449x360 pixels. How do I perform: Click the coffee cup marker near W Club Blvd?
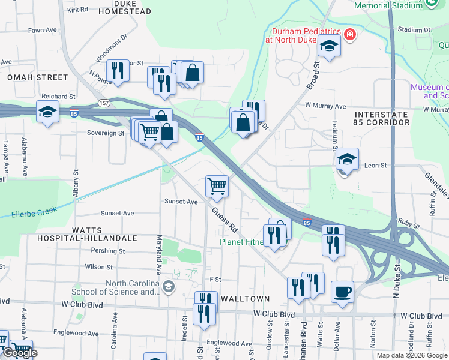(342, 292)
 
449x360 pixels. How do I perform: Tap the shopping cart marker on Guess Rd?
(217, 185)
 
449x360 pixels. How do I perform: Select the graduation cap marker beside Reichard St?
(47, 112)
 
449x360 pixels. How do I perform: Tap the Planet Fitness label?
(241, 242)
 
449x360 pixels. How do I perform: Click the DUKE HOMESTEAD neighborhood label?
(133, 7)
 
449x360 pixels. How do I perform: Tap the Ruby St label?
(409, 223)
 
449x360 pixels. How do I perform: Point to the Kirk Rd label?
(77, 10)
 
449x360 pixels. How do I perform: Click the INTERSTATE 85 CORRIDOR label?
(382, 118)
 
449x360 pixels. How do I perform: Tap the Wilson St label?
(99, 266)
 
